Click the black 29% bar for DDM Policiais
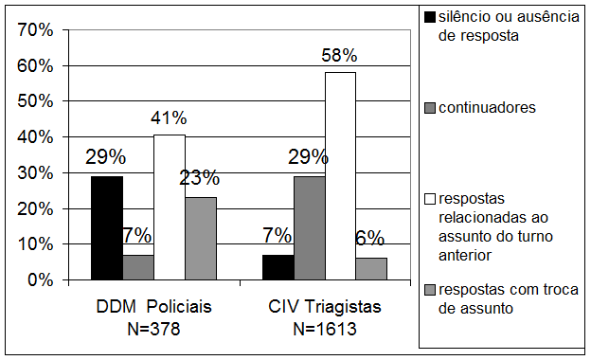(x=106, y=227)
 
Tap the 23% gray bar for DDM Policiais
(x=200, y=238)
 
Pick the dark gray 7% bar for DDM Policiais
(x=137, y=267)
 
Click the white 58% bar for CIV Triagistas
(x=339, y=175)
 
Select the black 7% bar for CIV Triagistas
(x=277, y=267)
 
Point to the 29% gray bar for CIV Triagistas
(x=308, y=227)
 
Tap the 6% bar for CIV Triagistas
(x=370, y=269)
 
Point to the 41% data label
(x=169, y=118)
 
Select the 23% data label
(x=200, y=177)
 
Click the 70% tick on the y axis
(x=34, y=30)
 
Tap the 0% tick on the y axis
(x=39, y=280)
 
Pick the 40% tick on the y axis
(x=34, y=137)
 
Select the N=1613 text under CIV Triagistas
(x=324, y=329)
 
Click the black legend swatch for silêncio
(x=430, y=16)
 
